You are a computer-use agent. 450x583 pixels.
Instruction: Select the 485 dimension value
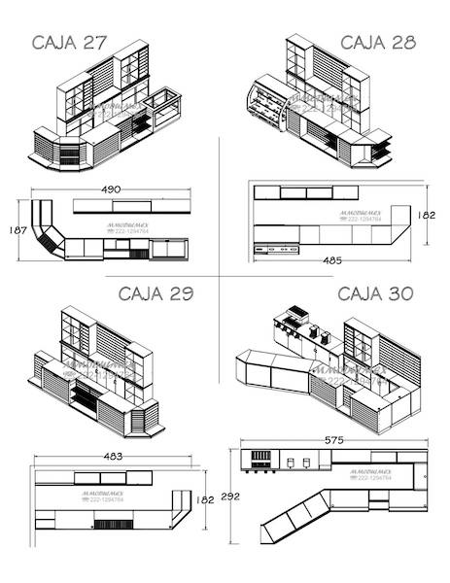click(331, 260)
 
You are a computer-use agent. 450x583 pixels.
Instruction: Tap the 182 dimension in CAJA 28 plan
click(427, 216)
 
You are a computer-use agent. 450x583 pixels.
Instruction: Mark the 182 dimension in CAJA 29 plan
click(205, 499)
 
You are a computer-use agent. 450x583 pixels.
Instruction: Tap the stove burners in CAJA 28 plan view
click(277, 250)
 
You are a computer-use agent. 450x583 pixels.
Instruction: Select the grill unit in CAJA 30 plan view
click(261, 458)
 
